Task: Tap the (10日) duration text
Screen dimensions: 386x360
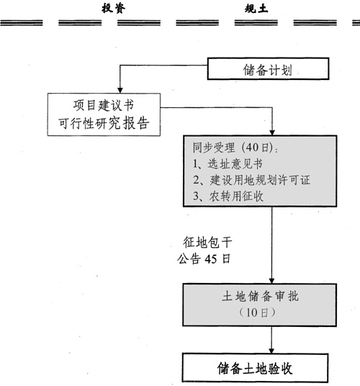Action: click(270, 313)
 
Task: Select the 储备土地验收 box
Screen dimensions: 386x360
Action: click(270, 367)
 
